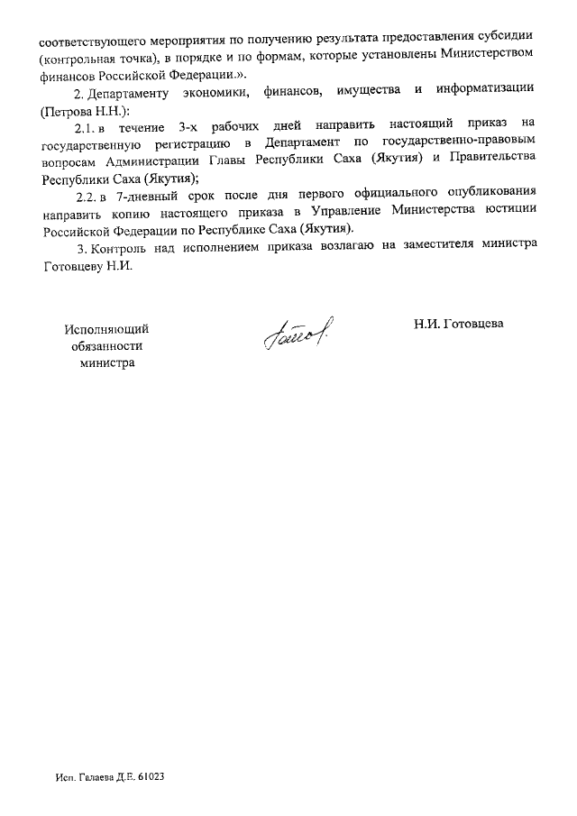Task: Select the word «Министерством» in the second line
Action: click(x=493, y=56)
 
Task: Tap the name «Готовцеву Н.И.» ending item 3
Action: click(x=87, y=266)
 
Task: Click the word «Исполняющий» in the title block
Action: click(x=105, y=330)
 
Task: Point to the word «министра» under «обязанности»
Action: click(x=105, y=362)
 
